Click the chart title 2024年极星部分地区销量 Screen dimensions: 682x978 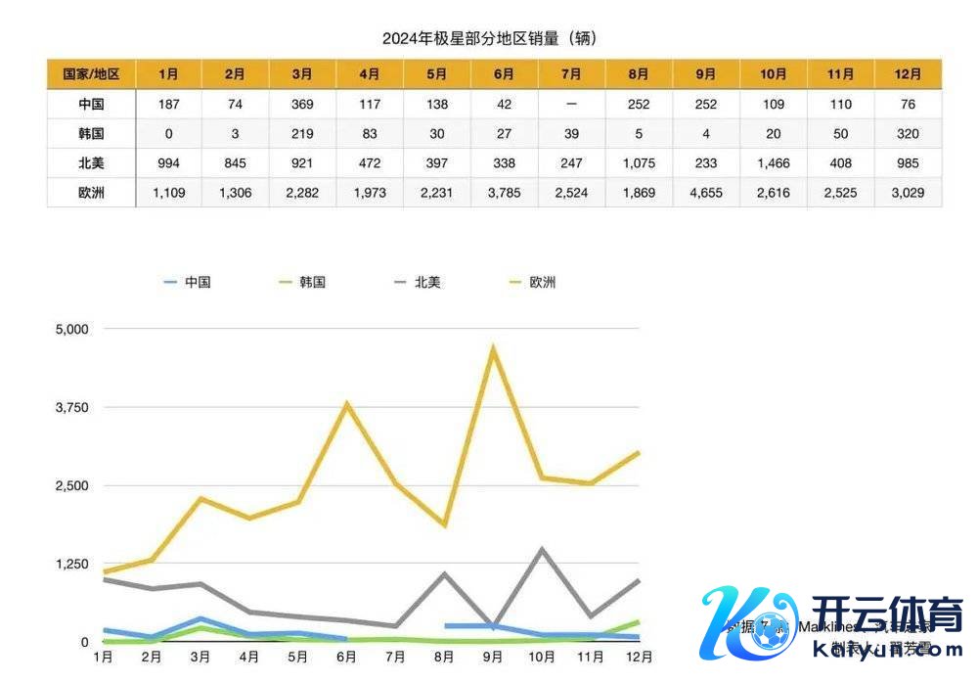[489, 39]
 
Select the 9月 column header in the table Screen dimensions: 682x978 [707, 74]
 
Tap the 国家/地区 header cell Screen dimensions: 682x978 [91, 74]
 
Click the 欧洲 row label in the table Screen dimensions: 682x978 [91, 193]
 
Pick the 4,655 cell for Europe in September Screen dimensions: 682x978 [707, 193]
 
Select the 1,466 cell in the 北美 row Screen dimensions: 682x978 [774, 163]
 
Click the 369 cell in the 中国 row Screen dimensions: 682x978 [303, 105]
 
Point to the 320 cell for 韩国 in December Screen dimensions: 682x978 [909, 134]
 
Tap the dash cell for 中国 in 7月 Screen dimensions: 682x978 [572, 105]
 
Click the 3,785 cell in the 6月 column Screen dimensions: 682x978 [505, 193]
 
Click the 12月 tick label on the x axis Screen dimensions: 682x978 [639, 657]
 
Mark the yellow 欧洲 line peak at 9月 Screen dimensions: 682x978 [493, 349]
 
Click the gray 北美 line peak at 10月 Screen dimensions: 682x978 [542, 550]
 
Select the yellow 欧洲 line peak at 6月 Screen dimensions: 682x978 [347, 404]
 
